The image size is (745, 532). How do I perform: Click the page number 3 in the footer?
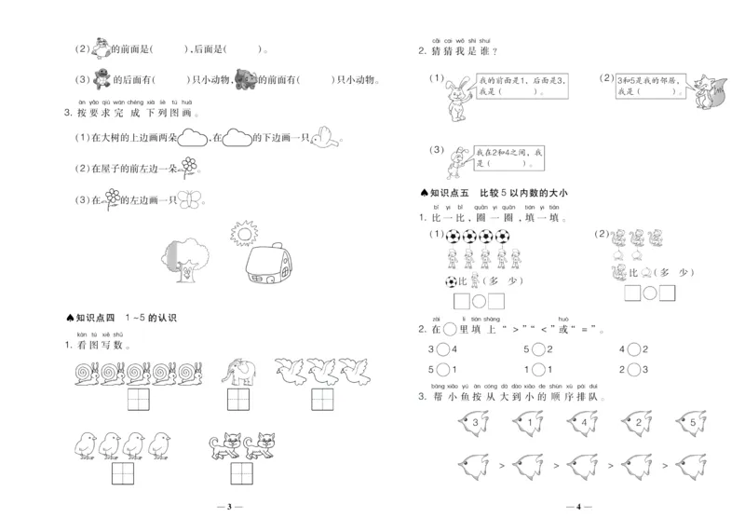tap(229, 508)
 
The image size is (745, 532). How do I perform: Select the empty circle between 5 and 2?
tap(539, 349)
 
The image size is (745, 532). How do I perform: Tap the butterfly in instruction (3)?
tap(189, 198)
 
